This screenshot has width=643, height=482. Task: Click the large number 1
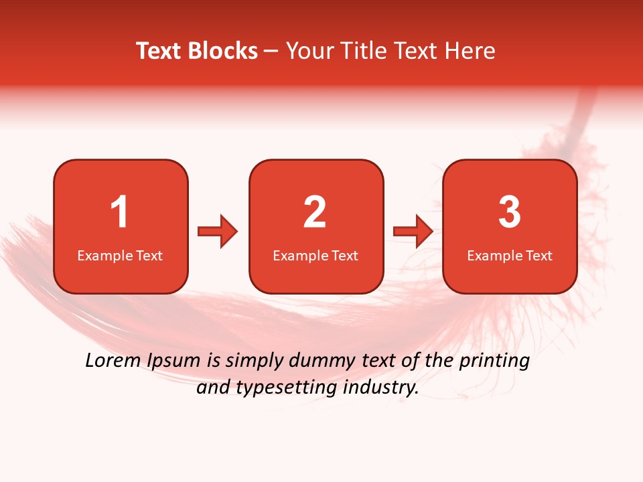pos(119,212)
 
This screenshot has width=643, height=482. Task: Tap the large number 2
pos(315,212)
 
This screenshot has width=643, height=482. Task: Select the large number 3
pos(510,212)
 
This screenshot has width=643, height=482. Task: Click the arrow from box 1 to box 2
pos(218,232)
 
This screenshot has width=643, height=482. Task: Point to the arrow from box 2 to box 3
pos(413,232)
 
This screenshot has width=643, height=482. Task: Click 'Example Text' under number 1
pos(120,255)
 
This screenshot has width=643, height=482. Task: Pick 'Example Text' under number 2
pos(315,255)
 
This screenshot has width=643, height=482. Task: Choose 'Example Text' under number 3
pos(510,255)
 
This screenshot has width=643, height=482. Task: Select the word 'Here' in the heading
pos(472,51)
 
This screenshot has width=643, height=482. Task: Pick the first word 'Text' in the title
pos(159,51)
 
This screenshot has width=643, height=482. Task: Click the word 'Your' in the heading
pos(309,51)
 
